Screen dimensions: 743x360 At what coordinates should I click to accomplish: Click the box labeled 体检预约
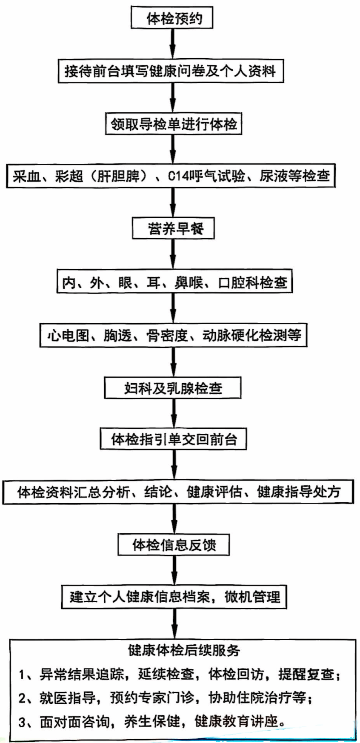click(172, 18)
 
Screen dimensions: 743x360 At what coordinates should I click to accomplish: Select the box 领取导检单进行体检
click(174, 124)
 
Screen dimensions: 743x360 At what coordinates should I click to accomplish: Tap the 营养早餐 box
click(173, 229)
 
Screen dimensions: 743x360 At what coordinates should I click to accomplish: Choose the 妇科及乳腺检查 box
click(173, 388)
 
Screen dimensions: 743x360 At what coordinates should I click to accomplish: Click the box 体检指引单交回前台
click(173, 439)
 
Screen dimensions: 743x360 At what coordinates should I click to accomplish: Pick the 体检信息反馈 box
click(174, 545)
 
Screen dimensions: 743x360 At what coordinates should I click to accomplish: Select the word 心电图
click(68, 336)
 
